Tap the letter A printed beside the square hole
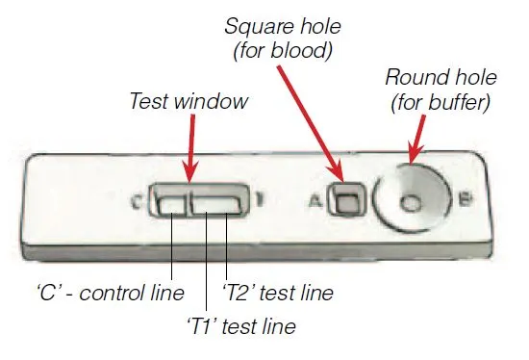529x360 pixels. point(315,201)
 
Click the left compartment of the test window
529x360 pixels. point(172,203)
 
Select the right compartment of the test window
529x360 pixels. point(217,203)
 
